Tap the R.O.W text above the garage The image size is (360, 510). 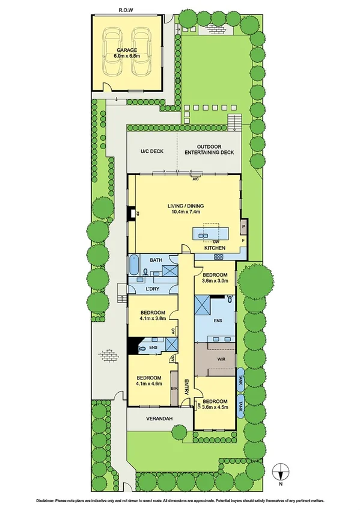(x=126, y=10)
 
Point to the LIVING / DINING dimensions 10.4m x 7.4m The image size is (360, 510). (x=184, y=212)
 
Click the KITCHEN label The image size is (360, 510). (x=215, y=248)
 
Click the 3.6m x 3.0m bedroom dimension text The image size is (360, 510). (x=215, y=280)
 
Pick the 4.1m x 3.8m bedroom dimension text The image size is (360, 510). (x=153, y=319)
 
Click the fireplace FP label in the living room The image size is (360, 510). (x=137, y=214)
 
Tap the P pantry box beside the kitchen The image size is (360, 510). (x=243, y=227)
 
